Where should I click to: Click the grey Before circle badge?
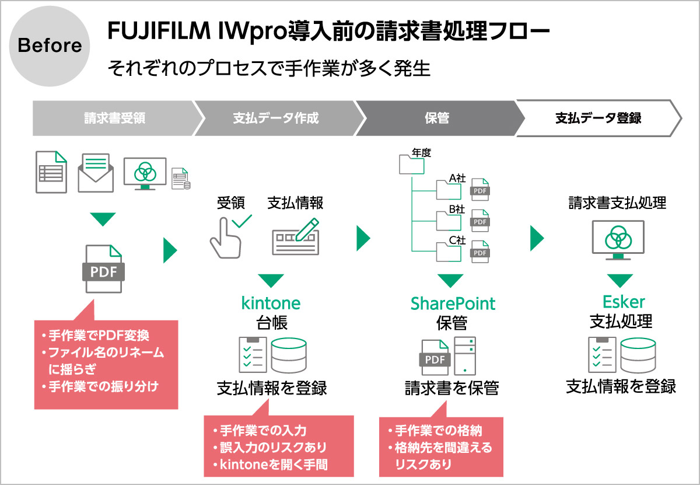tap(50, 46)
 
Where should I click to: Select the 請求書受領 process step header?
tap(114, 118)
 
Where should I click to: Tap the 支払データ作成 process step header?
tap(275, 118)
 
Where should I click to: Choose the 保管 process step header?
tap(436, 118)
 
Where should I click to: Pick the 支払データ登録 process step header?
tap(597, 118)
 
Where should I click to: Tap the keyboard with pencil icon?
tap(296, 237)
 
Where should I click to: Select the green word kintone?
tap(271, 303)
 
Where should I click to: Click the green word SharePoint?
tap(453, 303)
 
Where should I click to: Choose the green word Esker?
tap(624, 302)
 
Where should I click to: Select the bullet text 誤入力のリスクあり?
tap(272, 448)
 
